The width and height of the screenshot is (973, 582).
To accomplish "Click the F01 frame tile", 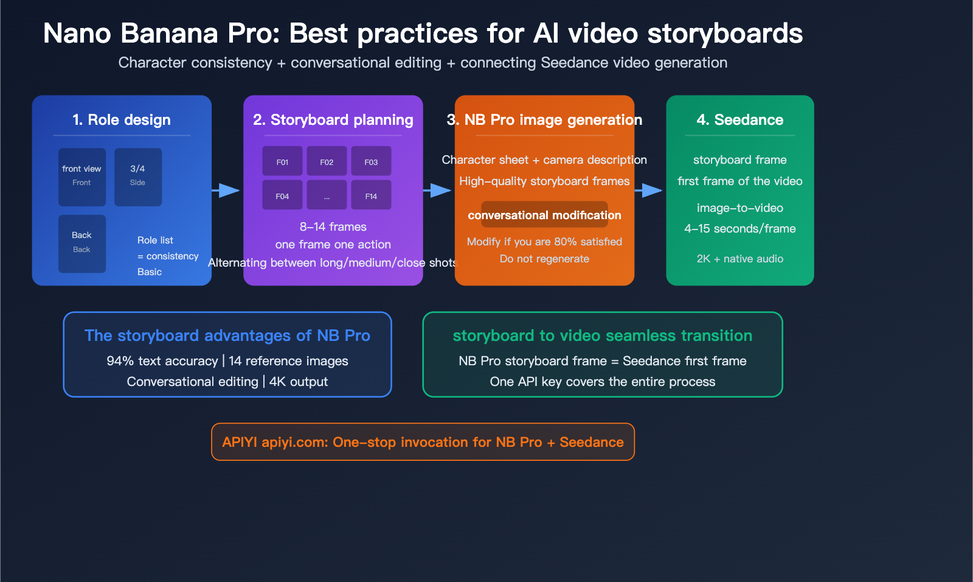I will [282, 161].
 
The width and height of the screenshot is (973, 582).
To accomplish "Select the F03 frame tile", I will [371, 161].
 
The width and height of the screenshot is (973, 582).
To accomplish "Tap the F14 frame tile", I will [371, 195].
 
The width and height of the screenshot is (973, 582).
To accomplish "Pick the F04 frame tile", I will [282, 195].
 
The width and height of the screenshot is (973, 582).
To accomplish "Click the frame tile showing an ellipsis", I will [327, 195].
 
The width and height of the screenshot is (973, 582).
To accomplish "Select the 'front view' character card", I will [82, 177].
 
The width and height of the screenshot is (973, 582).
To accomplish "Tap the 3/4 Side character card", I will [138, 177].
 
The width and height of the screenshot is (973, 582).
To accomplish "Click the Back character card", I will [82, 244].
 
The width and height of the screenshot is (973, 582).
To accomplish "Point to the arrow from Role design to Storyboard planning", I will [226, 191].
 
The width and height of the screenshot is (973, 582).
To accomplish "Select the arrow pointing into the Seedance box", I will [649, 191].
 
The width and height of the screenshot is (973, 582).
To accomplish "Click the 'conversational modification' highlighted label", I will [544, 215].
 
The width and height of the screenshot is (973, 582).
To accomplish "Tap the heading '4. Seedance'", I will [739, 120].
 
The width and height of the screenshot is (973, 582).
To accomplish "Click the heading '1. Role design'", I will [122, 120].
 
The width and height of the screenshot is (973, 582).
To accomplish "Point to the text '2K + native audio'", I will [739, 259].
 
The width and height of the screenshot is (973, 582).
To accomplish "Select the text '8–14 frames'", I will [333, 227].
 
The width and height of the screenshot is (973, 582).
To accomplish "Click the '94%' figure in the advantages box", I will [120, 361].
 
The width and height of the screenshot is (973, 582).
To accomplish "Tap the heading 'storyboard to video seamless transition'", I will [602, 335].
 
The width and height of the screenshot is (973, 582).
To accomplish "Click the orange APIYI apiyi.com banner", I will [423, 442].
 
